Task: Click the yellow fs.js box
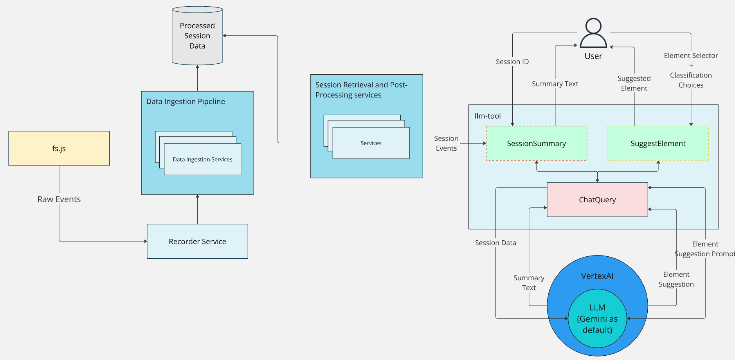click(59, 148)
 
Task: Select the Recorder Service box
click(197, 241)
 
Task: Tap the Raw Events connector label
click(59, 199)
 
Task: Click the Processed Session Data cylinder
click(197, 36)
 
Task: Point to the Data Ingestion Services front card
click(202, 160)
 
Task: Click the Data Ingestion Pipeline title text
click(186, 101)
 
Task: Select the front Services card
click(371, 143)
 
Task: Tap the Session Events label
click(446, 143)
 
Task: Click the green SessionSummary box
click(536, 144)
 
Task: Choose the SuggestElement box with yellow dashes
click(658, 144)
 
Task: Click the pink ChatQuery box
click(597, 200)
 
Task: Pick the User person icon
click(593, 33)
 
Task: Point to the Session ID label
click(512, 62)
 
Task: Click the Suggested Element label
click(634, 83)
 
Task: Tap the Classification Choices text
click(691, 80)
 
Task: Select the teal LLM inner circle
click(597, 319)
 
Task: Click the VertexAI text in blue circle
click(597, 276)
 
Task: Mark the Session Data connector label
click(495, 243)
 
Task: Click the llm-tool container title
click(488, 116)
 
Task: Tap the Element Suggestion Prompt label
click(705, 249)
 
